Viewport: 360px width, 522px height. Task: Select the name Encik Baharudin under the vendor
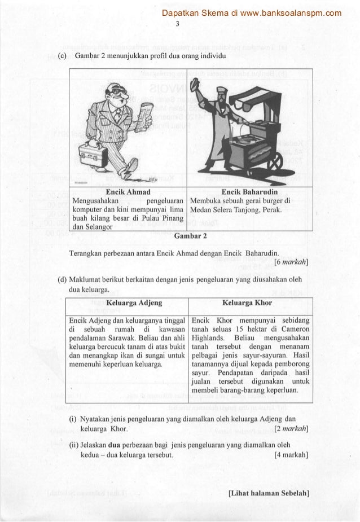(248, 191)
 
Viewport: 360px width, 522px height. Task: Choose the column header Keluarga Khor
(248, 303)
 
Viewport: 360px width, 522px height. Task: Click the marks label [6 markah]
(289, 261)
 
